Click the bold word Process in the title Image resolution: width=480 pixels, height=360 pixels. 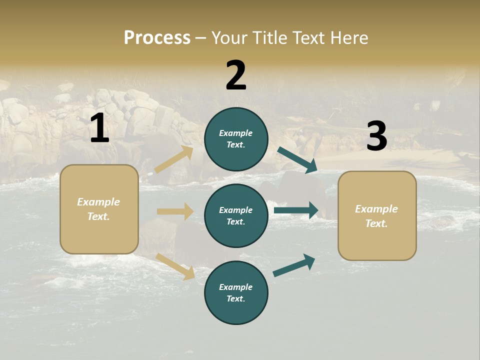(157, 37)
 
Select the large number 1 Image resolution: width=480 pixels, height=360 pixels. (99, 128)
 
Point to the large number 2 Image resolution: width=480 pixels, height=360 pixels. (236, 75)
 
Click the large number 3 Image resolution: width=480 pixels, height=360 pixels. (376, 136)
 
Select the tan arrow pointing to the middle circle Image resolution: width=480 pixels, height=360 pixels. (175, 211)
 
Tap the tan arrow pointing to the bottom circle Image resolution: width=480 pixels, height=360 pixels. (175, 266)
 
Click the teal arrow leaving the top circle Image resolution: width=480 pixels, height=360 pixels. (297, 160)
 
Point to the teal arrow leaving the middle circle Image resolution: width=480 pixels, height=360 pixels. (296, 210)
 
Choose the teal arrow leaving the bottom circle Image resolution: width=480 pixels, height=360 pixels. (294, 265)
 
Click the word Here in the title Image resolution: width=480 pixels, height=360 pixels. (348, 37)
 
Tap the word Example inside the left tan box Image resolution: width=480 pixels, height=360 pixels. (98, 202)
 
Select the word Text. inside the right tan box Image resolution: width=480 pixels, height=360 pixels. (376, 223)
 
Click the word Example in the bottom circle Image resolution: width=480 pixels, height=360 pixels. (236, 287)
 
